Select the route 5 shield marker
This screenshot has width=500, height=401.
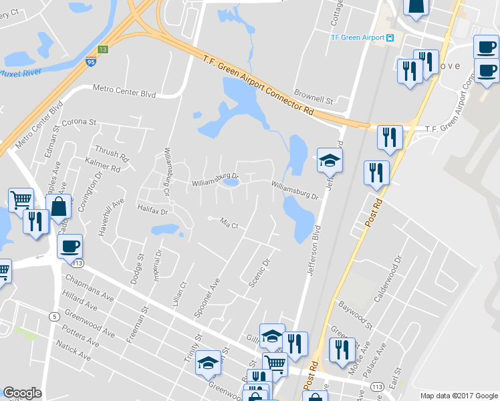(52, 317)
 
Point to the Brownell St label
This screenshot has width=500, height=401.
(314, 100)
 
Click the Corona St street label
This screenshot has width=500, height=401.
(80, 123)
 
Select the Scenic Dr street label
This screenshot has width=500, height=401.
(258, 273)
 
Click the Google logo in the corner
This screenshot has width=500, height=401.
(22, 393)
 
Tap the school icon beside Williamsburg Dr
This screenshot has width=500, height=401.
(329, 160)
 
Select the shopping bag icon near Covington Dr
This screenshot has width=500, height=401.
(59, 207)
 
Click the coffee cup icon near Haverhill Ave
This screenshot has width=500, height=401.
(70, 245)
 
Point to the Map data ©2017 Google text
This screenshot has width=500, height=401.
(459, 395)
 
